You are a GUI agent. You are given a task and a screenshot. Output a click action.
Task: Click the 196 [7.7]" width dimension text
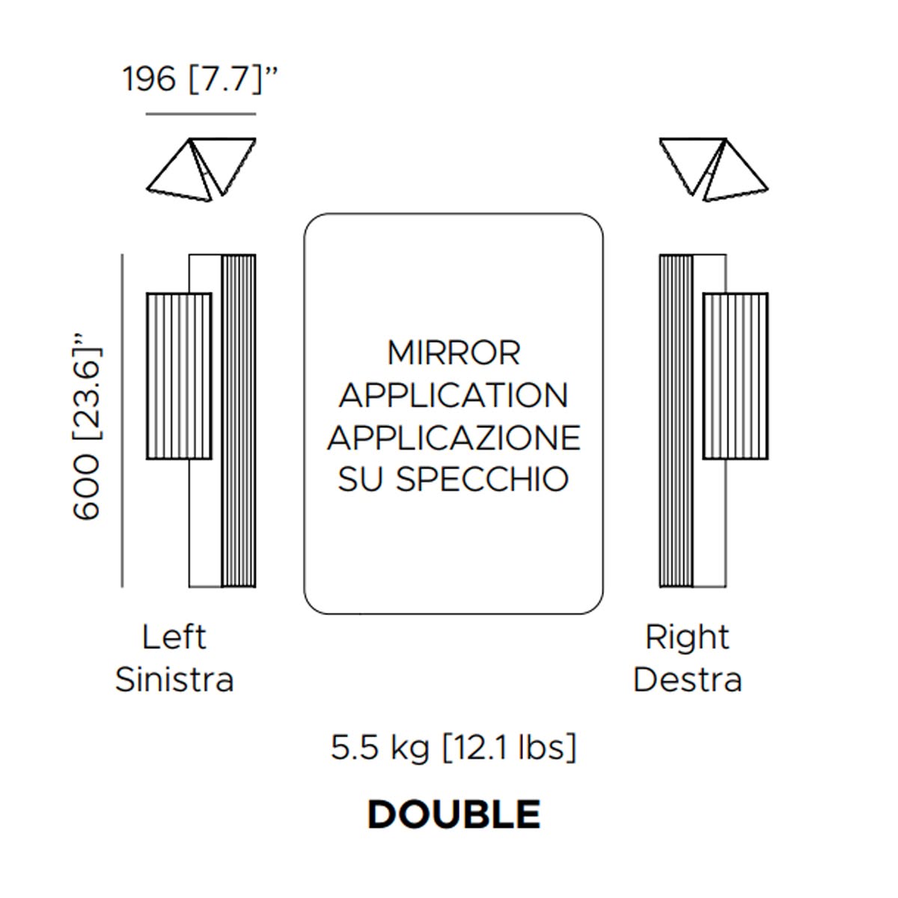pyautogui.click(x=200, y=79)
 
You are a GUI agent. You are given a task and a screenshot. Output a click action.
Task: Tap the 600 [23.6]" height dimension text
pyautogui.click(x=87, y=426)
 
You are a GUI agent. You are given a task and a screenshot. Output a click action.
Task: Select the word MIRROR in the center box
pyautogui.click(x=453, y=352)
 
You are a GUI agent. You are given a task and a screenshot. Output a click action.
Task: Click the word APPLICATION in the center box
pyautogui.click(x=453, y=395)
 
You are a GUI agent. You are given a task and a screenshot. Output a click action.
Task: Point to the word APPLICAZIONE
pyautogui.click(x=453, y=438)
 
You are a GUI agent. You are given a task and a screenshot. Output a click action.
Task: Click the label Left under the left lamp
pyautogui.click(x=174, y=637)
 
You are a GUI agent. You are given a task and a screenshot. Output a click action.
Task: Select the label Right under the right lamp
pyautogui.click(x=687, y=638)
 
